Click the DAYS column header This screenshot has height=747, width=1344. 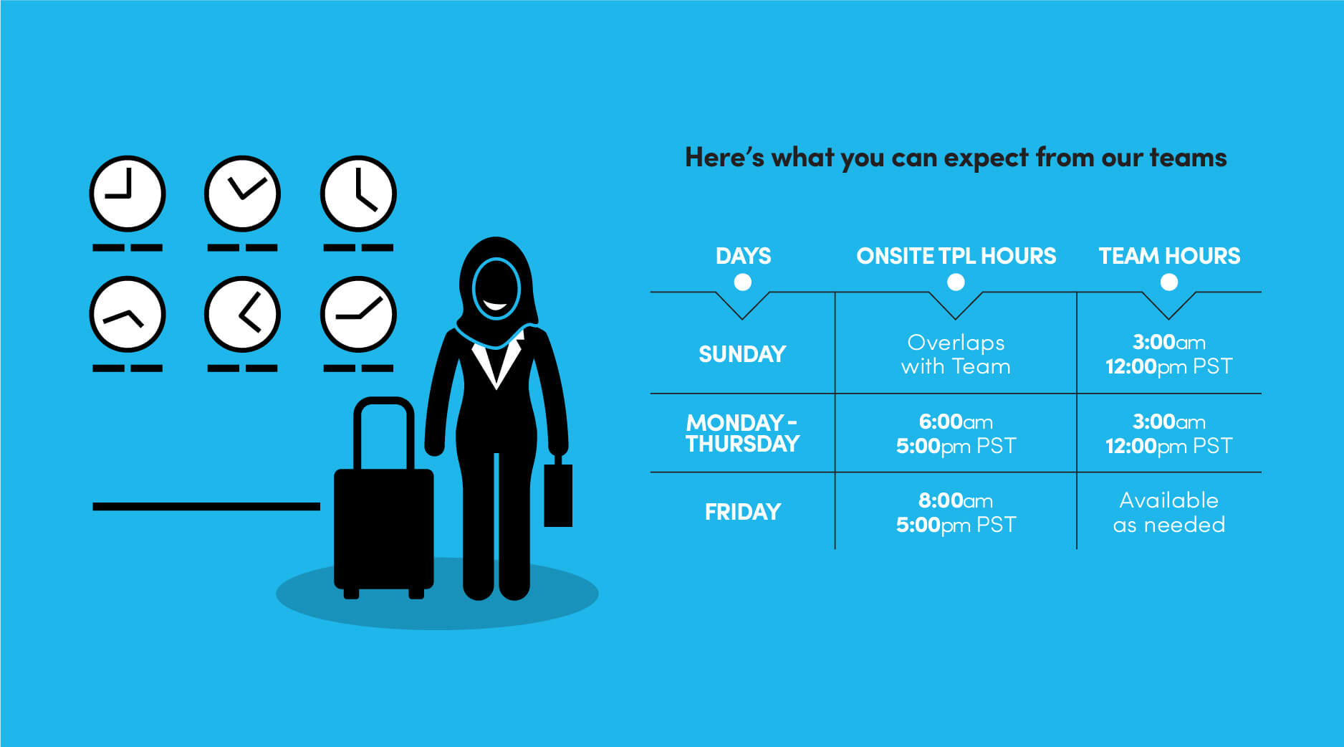pyautogui.click(x=743, y=256)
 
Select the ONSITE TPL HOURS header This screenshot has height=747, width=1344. pyautogui.click(x=956, y=256)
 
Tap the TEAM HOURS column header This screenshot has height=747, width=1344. pyautogui.click(x=1169, y=256)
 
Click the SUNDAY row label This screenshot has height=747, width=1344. pyautogui.click(x=742, y=354)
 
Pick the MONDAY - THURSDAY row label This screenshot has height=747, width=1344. pyautogui.click(x=742, y=433)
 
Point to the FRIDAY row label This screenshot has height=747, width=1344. pyautogui.click(x=743, y=512)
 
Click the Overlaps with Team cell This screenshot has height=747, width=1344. pyautogui.click(x=956, y=354)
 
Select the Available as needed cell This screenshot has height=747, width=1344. pyautogui.click(x=1169, y=512)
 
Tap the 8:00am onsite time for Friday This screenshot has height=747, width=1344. pyautogui.click(x=956, y=500)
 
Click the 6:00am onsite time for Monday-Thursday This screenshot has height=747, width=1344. pyautogui.click(x=956, y=422)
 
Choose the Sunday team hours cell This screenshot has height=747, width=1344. pyautogui.click(x=1169, y=354)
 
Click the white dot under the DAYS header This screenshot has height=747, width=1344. pyautogui.click(x=743, y=282)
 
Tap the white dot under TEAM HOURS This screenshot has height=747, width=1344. pyautogui.click(x=1169, y=282)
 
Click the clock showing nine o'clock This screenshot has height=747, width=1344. pyautogui.click(x=128, y=194)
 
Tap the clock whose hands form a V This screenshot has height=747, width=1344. pyautogui.click(x=242, y=194)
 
